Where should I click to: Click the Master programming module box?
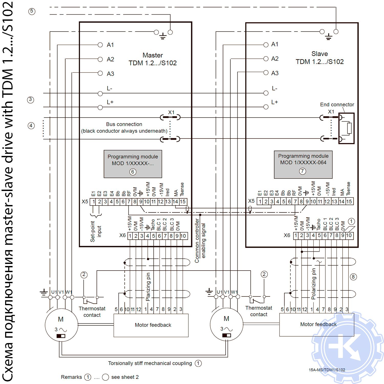(133, 164)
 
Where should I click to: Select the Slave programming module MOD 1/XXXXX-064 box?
(303, 164)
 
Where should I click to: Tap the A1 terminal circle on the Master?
(100, 45)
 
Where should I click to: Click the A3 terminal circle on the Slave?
(266, 73)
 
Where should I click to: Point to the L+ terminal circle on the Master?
(100, 108)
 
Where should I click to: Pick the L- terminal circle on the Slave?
(266, 93)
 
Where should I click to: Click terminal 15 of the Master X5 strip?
(183, 202)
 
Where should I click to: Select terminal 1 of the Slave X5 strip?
(260, 201)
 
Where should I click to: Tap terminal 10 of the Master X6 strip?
(183, 236)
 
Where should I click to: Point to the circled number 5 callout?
(32, 11)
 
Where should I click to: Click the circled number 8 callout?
(353, 277)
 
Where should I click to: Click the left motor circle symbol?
(61, 325)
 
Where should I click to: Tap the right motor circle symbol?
(226, 324)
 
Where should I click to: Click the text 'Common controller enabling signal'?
(200, 241)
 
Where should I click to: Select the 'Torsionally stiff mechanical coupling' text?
(150, 363)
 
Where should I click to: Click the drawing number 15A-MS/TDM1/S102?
(327, 370)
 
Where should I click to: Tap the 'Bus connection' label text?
(124, 124)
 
